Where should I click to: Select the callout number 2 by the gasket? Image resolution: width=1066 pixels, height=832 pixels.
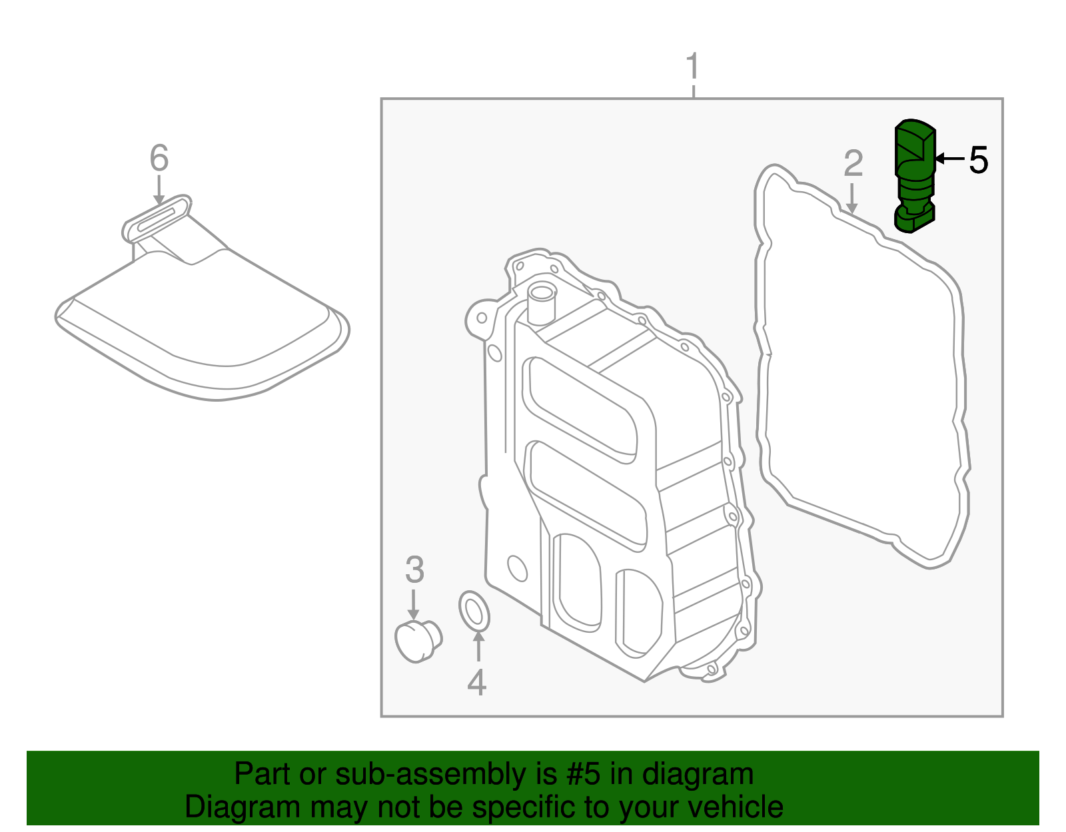coord(853,163)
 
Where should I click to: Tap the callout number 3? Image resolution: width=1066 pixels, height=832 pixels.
coord(414,570)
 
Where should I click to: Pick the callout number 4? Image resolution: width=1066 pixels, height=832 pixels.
coord(476,682)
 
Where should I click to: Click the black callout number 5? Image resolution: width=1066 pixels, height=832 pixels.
coord(978,160)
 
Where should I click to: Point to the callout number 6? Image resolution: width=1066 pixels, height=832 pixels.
coord(159,159)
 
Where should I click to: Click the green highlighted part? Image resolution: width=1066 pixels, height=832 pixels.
coord(913,177)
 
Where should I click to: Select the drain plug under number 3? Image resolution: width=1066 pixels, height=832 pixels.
coord(418,640)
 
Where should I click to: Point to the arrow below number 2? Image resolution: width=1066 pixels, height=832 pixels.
coord(851,199)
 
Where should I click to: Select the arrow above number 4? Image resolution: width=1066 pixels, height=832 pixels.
coord(478,645)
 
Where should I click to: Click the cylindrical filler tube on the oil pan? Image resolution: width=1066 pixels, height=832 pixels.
coord(540,303)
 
